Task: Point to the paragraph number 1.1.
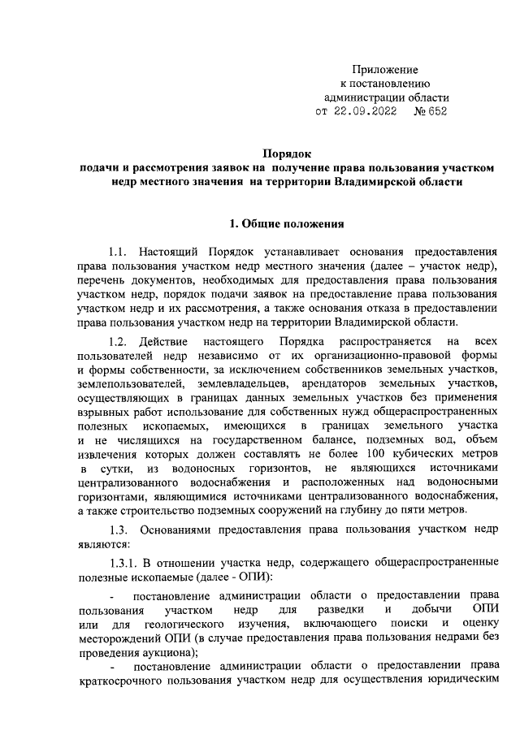click(121, 250)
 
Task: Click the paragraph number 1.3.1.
click(126, 564)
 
